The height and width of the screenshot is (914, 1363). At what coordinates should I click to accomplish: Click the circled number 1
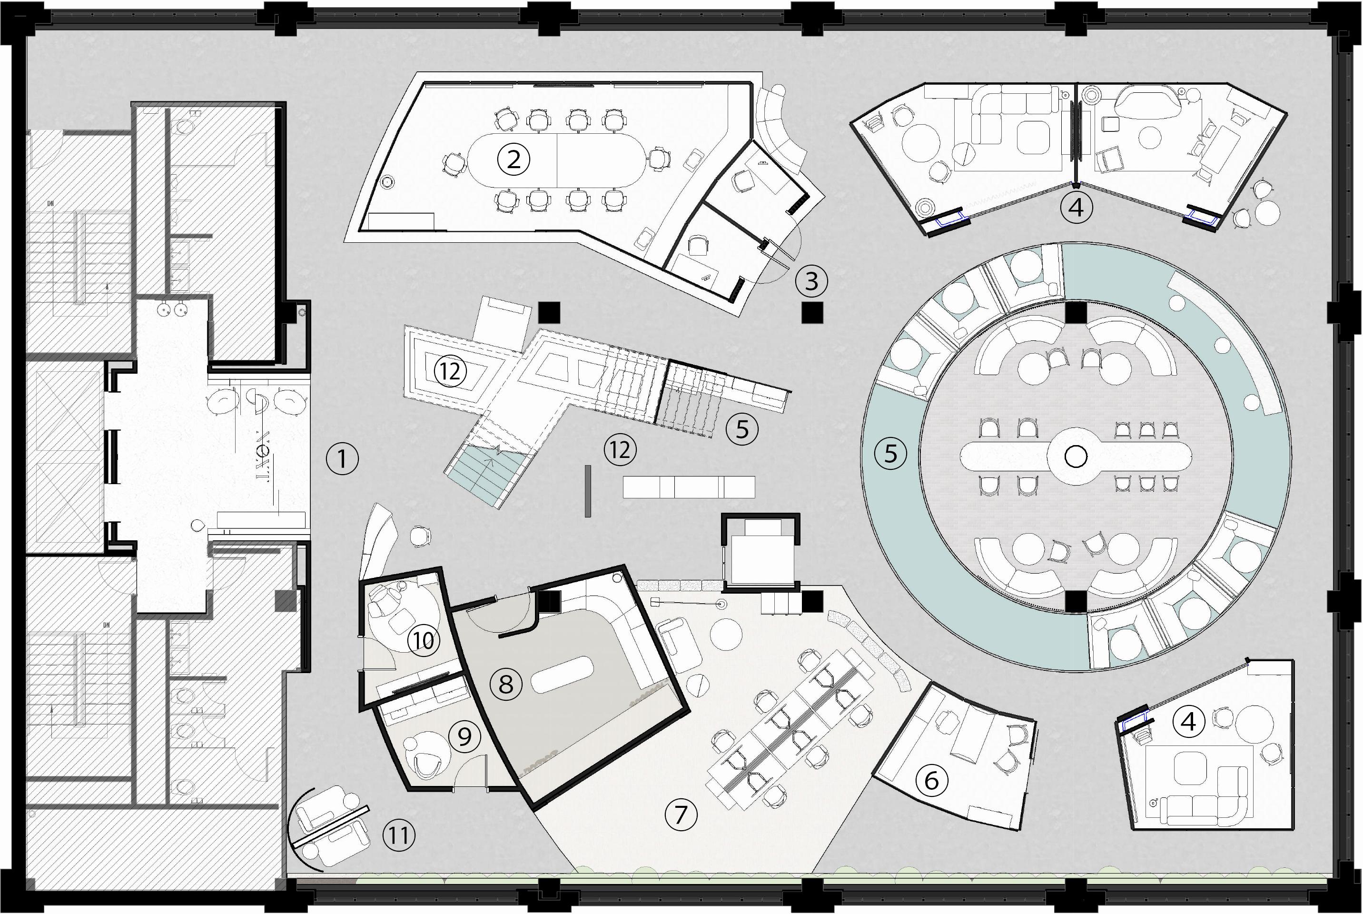pos(342,459)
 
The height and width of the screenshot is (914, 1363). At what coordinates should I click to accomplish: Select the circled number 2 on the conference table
pos(514,159)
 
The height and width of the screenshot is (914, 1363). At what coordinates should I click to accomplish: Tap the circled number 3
pos(811,281)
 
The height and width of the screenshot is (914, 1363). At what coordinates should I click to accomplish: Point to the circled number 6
pos(931,780)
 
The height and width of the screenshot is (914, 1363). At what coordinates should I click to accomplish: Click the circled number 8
pos(505,684)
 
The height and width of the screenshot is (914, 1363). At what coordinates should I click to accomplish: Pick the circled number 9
pos(464,737)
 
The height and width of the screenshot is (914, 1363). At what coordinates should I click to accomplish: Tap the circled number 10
pos(424,641)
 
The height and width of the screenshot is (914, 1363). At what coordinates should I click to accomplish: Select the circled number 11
pos(399,836)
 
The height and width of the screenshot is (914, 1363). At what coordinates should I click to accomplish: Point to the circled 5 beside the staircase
pos(742,429)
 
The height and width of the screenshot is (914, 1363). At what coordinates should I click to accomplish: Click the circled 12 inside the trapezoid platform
pos(450,371)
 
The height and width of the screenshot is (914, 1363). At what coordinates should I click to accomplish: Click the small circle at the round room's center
pos(1076,457)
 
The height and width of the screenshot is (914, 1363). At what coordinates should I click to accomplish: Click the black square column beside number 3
pos(812,313)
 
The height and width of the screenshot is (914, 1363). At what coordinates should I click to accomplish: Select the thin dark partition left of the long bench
pos(588,491)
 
